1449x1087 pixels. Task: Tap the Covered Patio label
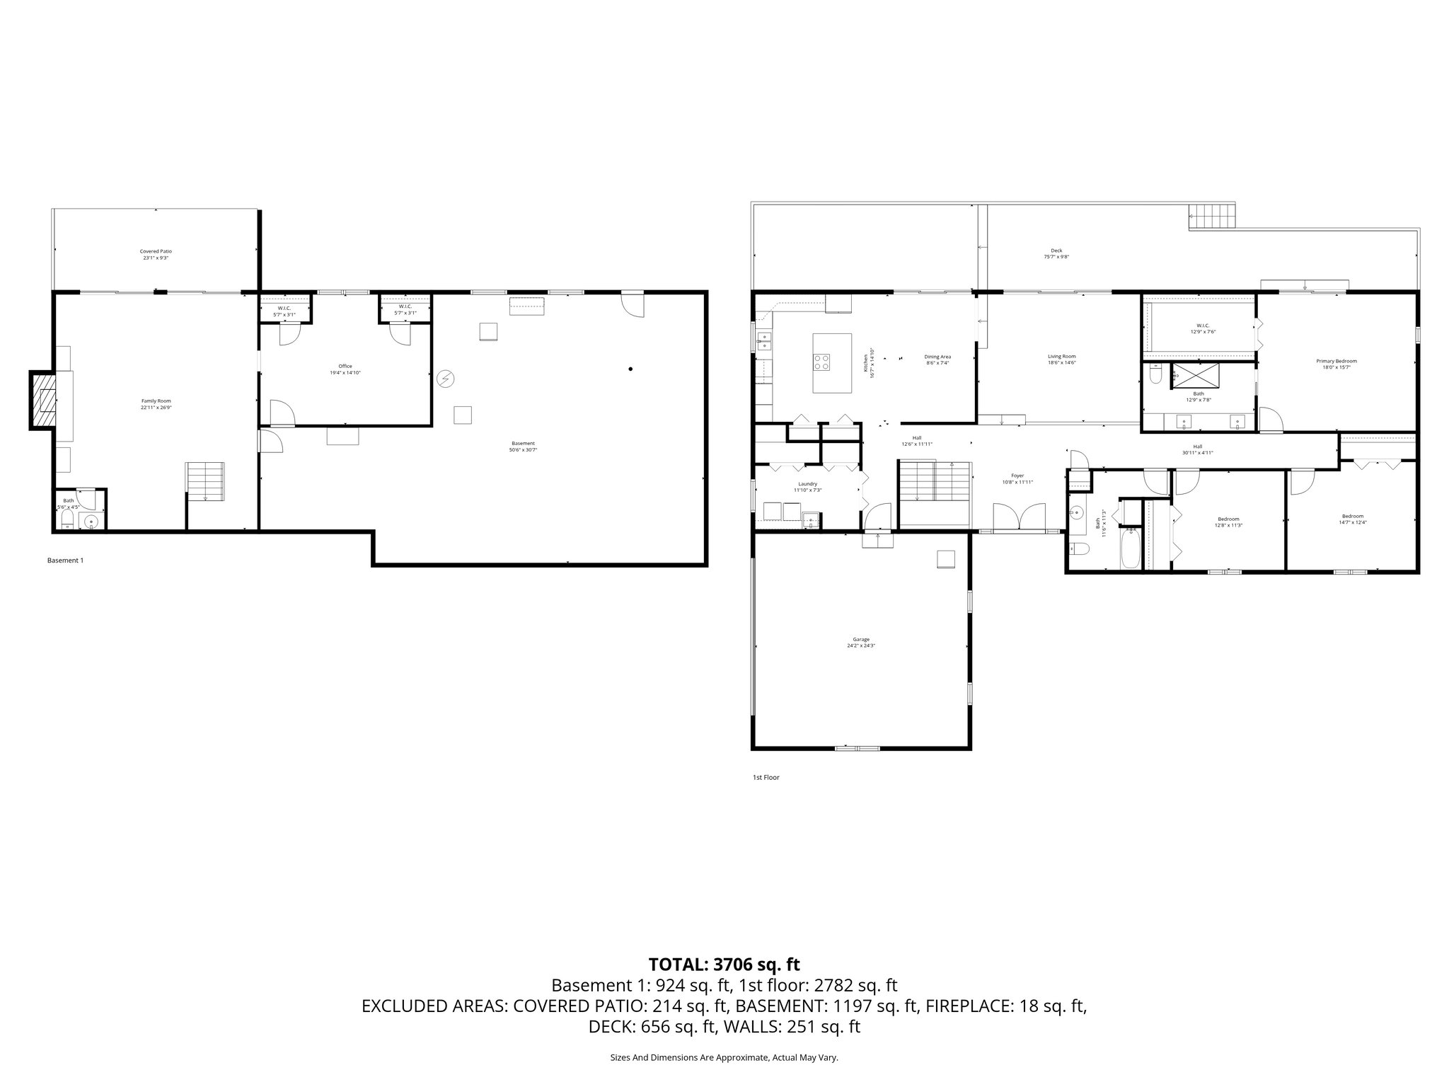point(156,254)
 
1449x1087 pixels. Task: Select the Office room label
point(345,369)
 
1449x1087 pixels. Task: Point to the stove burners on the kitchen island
point(821,362)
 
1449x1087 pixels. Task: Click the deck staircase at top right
point(1212,216)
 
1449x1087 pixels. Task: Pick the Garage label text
point(861,642)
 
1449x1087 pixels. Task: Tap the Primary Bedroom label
point(1337,364)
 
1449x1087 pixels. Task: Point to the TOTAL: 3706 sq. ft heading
point(724,964)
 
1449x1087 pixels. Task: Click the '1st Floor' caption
point(766,777)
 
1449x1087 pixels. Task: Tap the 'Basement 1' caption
point(65,560)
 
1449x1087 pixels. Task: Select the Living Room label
point(1061,359)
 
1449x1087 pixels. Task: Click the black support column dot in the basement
point(630,369)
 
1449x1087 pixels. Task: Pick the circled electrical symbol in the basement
point(445,379)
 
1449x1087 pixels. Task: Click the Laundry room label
point(807,486)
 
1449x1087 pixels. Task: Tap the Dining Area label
point(937,359)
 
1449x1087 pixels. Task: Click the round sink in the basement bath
point(91,522)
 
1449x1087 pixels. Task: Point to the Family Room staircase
point(206,481)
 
